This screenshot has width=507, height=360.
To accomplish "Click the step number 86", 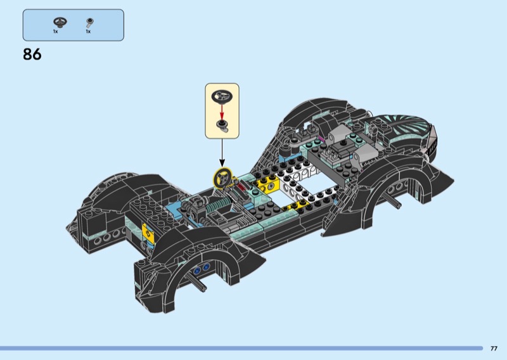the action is coord(32,55).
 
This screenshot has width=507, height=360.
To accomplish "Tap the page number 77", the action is coord(494,349).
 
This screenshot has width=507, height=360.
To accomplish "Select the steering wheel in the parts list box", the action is coord(60,22).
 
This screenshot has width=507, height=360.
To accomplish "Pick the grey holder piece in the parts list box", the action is coord(89,23).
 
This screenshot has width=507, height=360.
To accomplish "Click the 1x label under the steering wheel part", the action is coord(55,32).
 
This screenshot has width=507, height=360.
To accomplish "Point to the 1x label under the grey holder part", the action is coord(88,32).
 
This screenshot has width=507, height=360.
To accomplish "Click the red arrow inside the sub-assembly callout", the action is coord(222,111).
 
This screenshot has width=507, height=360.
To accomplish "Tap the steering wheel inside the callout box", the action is coord(222,96).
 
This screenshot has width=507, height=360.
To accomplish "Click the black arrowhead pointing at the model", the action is coord(222,164).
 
